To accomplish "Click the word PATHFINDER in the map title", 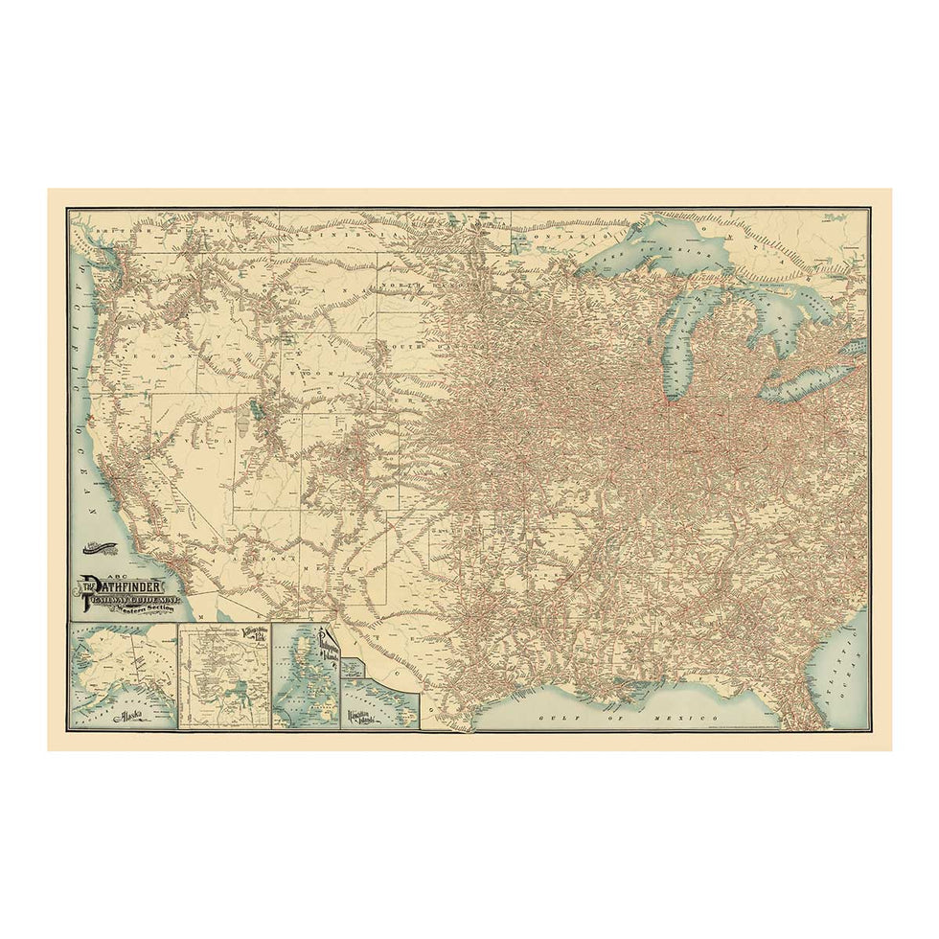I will pyautogui.click(x=126, y=586).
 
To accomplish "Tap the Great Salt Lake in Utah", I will pyautogui.click(x=255, y=414).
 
